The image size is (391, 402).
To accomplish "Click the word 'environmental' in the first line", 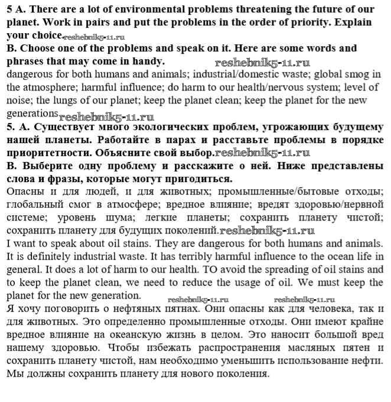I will [154, 10].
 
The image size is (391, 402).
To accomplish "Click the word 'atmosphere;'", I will [46, 87].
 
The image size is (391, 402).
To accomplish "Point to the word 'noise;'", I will [19, 100].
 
